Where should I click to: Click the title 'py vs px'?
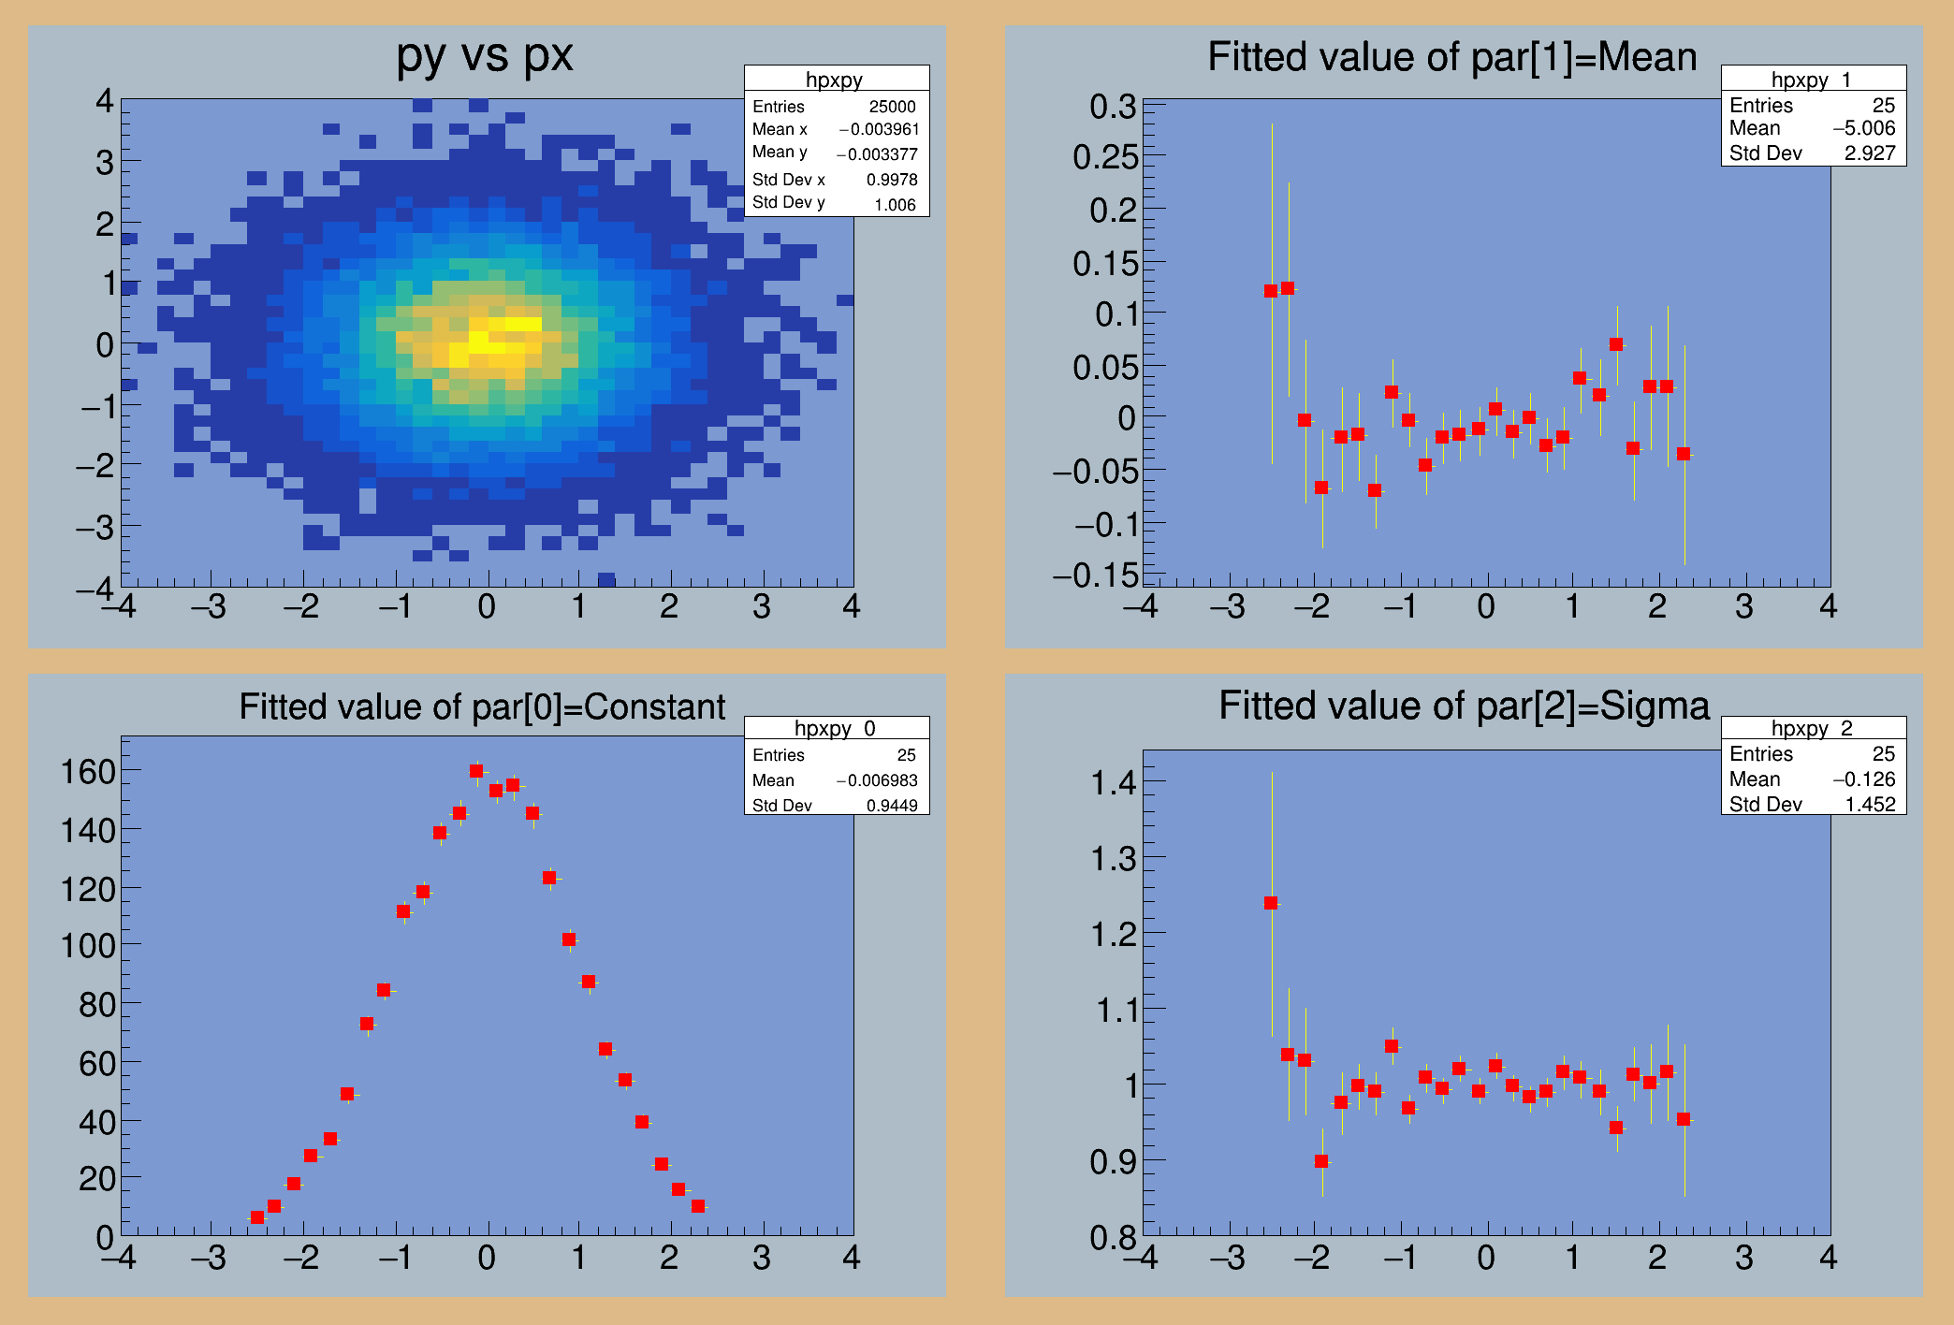pos(484,56)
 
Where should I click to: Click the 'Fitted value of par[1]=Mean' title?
pos(1451,57)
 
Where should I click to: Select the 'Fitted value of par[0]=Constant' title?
pos(482,706)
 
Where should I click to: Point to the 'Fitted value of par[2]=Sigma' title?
pos(1464,706)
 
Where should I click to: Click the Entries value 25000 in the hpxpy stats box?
pos(892,107)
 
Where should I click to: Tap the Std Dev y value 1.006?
pos(895,205)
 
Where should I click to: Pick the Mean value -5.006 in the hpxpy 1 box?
pos(1863,128)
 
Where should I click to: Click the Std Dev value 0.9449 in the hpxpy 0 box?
pos(891,806)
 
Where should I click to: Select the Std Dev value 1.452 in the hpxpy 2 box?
pos(1870,805)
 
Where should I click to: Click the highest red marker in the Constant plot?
pos(476,771)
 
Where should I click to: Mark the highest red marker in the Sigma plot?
pos(1271,903)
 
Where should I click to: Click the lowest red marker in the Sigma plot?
pos(1321,1161)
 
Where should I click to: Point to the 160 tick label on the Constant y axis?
pos(87,772)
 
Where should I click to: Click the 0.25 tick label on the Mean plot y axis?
pos(1105,157)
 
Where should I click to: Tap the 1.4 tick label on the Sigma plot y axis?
pos(1114,781)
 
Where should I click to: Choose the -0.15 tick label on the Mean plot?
pos(1096,575)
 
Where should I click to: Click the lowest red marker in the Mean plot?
pos(1375,490)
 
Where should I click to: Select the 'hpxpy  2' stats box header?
pos(1813,728)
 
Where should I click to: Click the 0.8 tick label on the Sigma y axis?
pos(1113,1237)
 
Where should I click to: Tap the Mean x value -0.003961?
pos(879,129)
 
